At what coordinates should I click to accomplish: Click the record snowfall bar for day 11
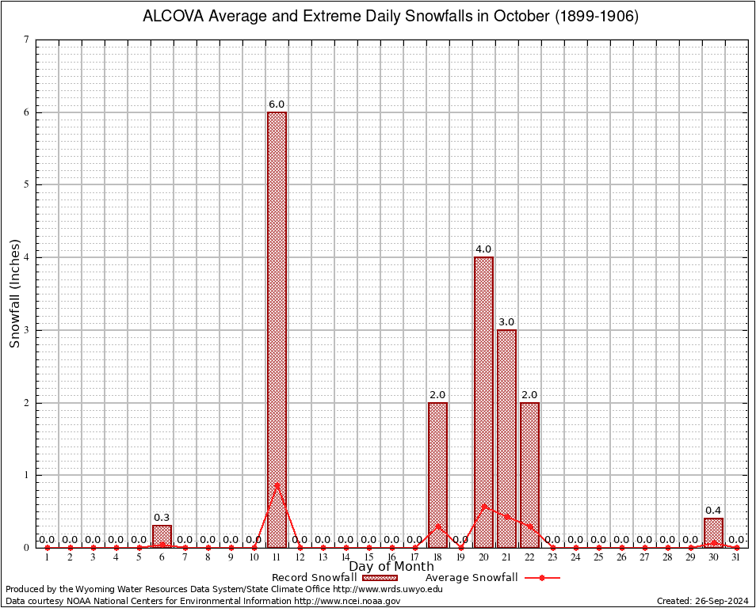277,329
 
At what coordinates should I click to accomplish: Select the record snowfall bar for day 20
483,402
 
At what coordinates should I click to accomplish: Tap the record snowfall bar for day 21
506,438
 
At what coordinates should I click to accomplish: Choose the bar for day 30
713,533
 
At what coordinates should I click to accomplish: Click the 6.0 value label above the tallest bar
277,104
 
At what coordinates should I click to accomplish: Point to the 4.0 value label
483,249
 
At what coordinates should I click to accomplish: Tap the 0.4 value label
713,511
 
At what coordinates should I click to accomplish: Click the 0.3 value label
162,518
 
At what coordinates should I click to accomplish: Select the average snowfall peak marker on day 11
277,484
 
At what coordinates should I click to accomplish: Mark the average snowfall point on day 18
437,526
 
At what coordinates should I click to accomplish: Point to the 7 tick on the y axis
27,40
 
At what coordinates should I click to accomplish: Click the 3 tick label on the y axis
27,330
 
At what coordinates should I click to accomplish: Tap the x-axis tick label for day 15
368,557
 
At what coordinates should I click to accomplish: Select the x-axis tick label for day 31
736,557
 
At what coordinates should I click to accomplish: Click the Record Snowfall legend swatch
380,578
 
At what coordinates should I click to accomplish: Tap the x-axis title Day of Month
391,566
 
